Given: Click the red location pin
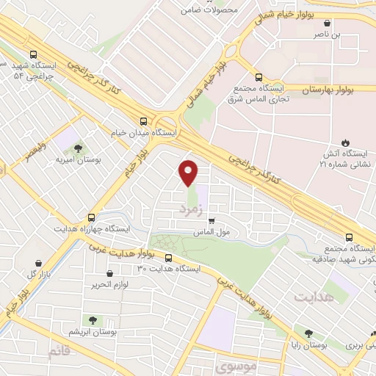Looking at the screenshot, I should tap(189, 171).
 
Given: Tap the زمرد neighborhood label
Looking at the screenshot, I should tap(189, 209).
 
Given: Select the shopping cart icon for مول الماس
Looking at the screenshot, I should tap(211, 220).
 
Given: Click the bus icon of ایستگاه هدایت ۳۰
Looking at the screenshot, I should tap(169, 258).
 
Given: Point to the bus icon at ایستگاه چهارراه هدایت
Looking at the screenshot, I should tap(91, 217).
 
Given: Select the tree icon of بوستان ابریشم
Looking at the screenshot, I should tap(92, 320).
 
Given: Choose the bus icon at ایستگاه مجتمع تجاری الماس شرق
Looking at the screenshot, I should tap(258, 76).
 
